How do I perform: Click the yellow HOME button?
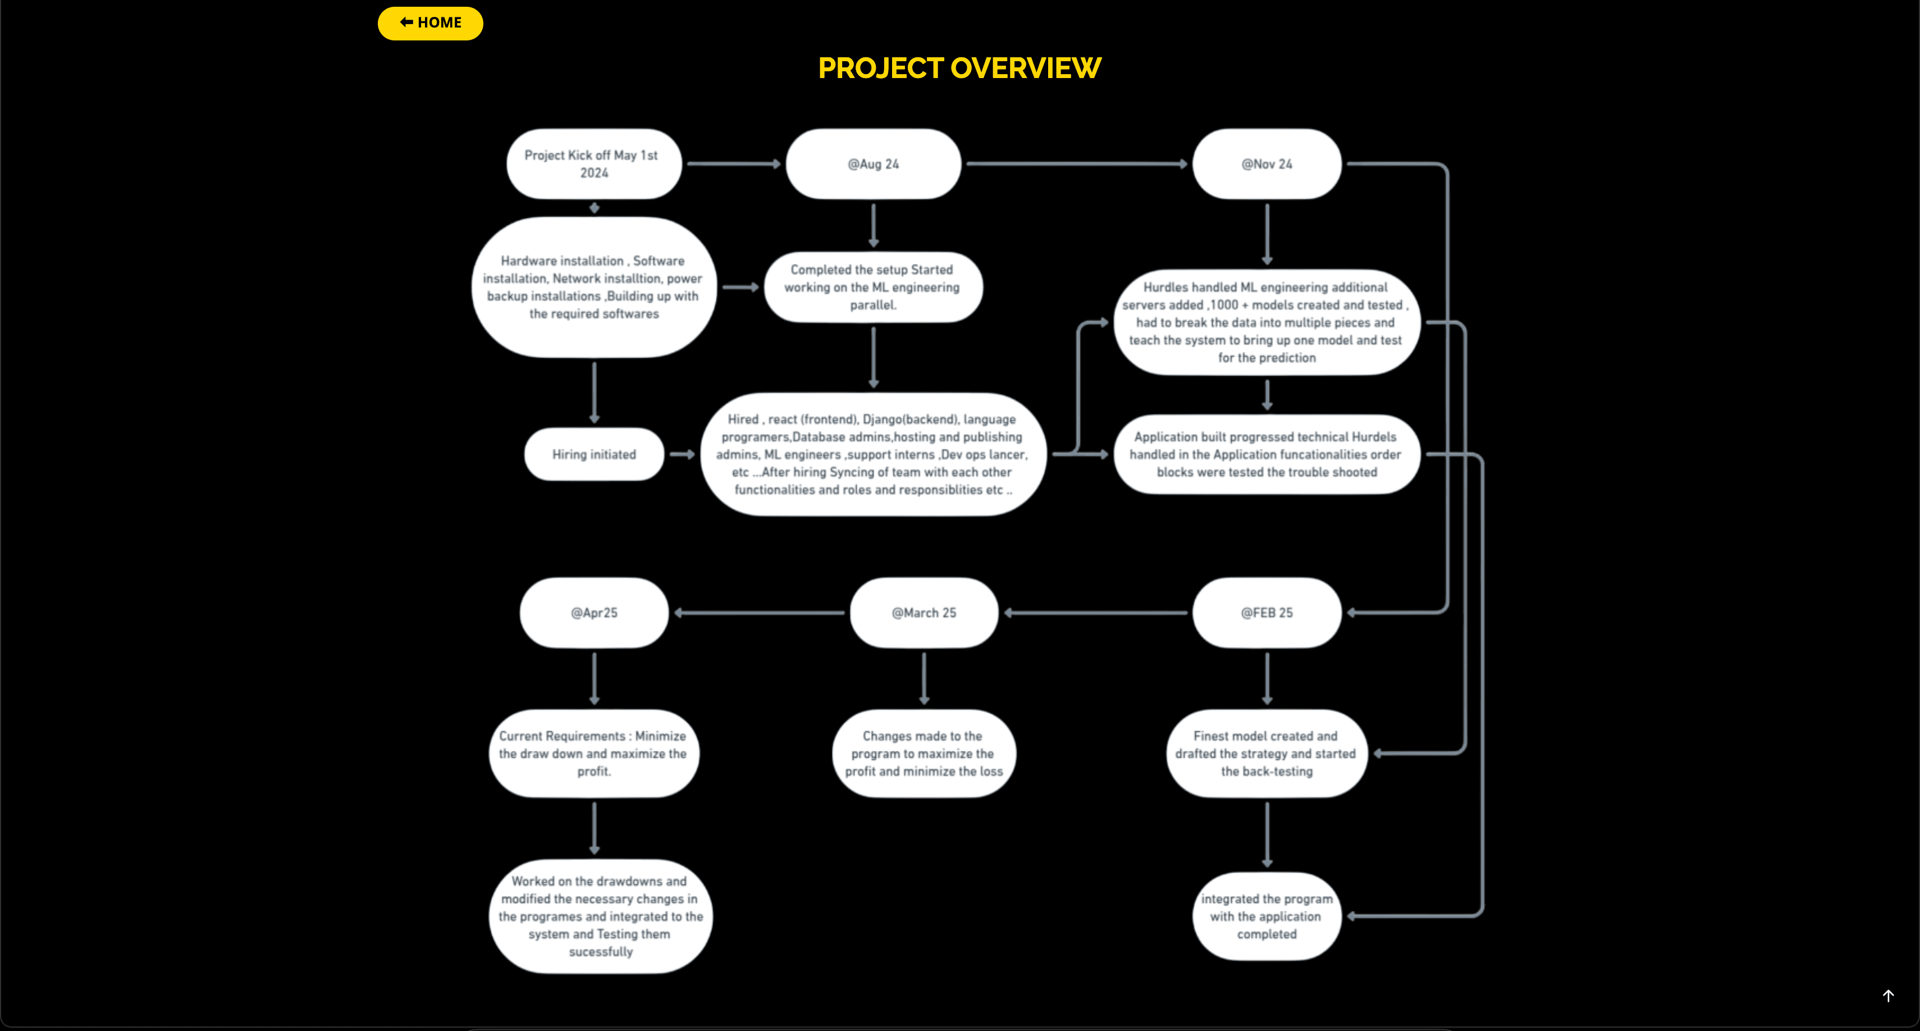point(430,23)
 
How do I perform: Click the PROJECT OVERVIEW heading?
point(959,69)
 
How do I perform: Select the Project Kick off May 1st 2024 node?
point(594,164)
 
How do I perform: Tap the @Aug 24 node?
point(873,164)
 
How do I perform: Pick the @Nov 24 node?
point(1267,164)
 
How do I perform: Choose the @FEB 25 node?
point(1267,613)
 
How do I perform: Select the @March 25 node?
point(924,613)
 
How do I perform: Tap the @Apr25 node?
point(594,613)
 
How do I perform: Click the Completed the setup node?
point(873,288)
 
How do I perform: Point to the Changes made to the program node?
point(924,754)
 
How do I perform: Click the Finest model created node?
point(1267,754)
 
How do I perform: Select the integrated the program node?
point(1267,916)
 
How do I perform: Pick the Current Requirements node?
point(594,754)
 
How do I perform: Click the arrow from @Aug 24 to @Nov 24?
point(1076,164)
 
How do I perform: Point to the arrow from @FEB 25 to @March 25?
point(1096,613)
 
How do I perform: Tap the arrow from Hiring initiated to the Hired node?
point(681,454)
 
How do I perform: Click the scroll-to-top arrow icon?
point(1888,996)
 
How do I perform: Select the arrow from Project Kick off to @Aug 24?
point(733,164)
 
